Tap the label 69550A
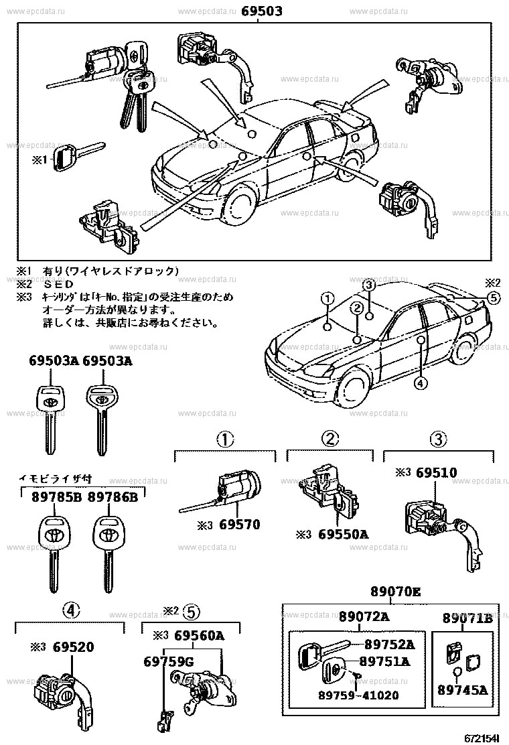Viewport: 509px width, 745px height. [344, 535]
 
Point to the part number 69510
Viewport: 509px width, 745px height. [436, 473]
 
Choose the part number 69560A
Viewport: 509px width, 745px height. [199, 636]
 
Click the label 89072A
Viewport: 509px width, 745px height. [362, 617]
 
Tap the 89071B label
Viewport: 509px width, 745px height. [467, 617]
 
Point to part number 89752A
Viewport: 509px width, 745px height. [389, 645]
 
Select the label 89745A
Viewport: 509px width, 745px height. [462, 689]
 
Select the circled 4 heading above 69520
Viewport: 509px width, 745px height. [71, 610]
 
